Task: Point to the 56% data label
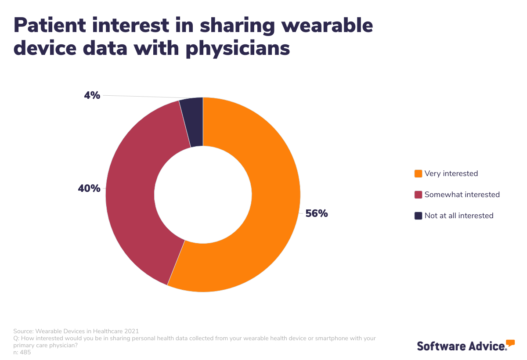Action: coord(317,214)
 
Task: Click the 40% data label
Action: coord(89,189)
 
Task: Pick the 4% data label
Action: coord(92,95)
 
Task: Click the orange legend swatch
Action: coord(418,173)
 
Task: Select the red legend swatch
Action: coord(418,194)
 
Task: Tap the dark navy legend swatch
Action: coord(418,216)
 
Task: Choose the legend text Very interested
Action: coord(451,173)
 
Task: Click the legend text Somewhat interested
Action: coord(462,194)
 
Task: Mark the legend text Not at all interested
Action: coord(459,216)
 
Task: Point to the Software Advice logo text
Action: coord(461,346)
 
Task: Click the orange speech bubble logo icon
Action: coord(510,343)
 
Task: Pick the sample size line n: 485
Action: coord(22,352)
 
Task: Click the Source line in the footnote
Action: coord(76,331)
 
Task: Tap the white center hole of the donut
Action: coord(203,194)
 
